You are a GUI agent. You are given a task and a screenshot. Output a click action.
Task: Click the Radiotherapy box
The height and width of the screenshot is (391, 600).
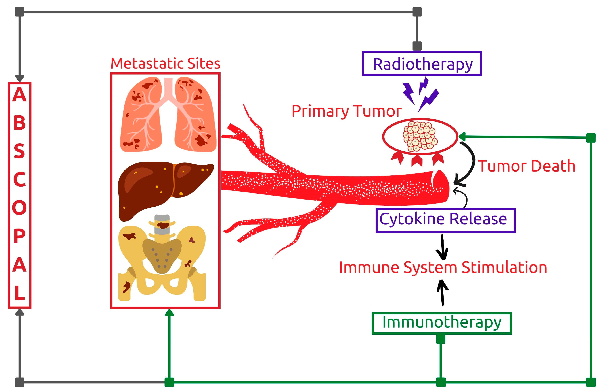click(421, 63)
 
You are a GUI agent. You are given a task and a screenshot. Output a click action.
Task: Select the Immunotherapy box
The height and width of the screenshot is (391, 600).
click(442, 323)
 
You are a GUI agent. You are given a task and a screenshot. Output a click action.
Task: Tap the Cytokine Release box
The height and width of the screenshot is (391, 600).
click(445, 220)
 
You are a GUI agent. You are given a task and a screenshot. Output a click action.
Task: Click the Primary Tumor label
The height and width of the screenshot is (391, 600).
click(346, 111)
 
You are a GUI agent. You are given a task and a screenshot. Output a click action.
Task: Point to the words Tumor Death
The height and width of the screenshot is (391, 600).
click(527, 166)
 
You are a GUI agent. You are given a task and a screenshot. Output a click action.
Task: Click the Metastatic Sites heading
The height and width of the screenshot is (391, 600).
click(165, 63)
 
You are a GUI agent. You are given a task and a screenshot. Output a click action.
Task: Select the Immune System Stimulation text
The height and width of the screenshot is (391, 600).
click(443, 267)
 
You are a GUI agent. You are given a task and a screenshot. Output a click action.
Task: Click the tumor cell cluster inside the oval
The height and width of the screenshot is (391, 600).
click(420, 136)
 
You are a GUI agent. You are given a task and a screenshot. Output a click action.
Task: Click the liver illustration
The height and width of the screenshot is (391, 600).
click(164, 190)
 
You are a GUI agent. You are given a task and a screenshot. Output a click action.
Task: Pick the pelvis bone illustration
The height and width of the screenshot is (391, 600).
click(162, 260)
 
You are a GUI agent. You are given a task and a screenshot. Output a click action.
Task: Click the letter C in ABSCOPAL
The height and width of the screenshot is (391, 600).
click(20, 179)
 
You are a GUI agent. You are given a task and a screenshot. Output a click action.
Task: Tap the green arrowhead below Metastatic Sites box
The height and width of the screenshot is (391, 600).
click(169, 313)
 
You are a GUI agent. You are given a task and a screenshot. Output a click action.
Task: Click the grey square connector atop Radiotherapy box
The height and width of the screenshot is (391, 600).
click(417, 46)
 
